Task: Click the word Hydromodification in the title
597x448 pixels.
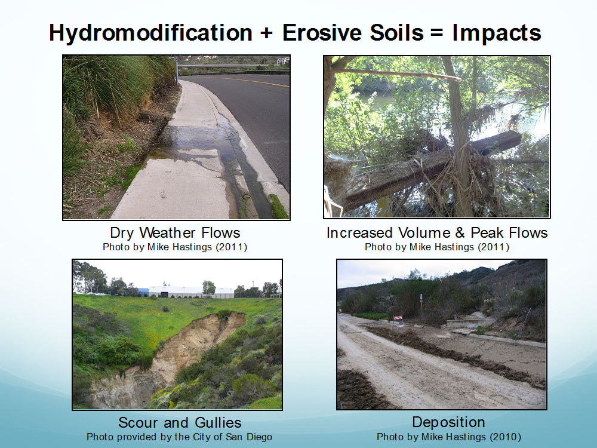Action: pos(150,33)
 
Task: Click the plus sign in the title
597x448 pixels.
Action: pos(267,33)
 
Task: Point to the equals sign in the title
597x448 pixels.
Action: pos(438,33)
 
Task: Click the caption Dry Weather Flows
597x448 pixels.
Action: pos(175,232)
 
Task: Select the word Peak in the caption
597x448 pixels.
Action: pos(488,232)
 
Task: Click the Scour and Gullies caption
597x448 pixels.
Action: pos(180,422)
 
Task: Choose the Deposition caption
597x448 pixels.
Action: pos(448,422)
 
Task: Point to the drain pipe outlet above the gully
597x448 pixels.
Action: pos(227,317)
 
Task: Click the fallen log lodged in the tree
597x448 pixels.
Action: pos(430,168)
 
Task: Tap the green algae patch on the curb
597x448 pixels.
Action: pos(278,206)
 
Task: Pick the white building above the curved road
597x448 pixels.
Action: pos(283,60)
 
